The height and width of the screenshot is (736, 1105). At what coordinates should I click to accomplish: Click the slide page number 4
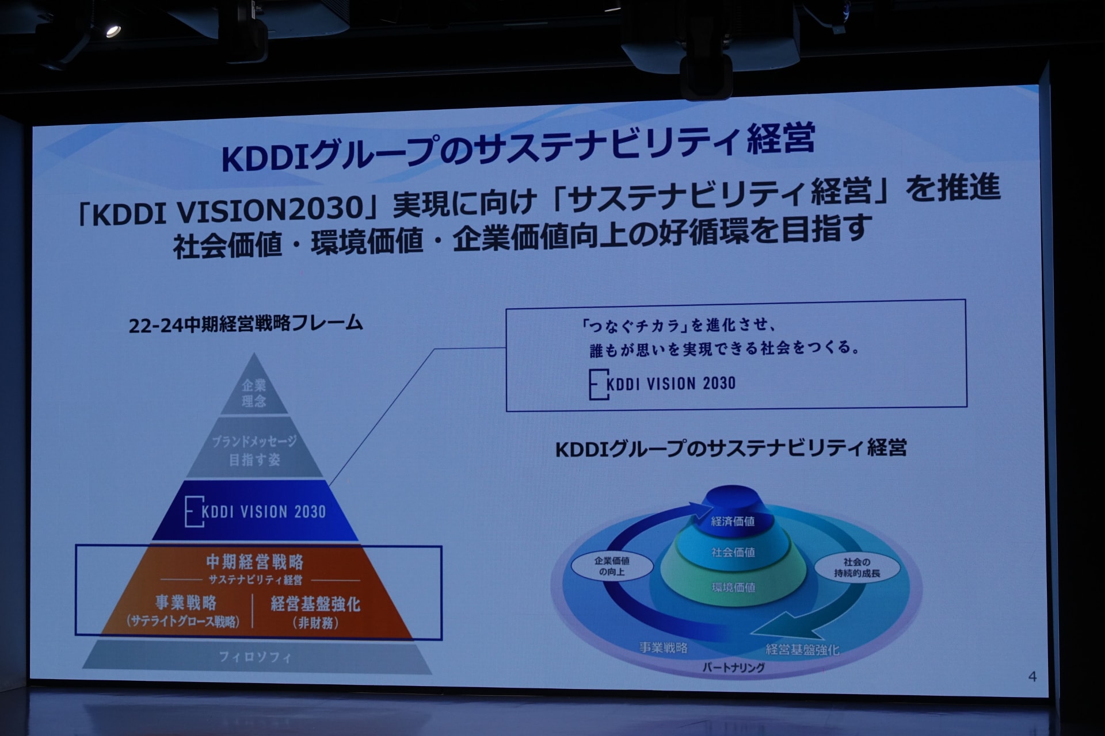pyautogui.click(x=1032, y=677)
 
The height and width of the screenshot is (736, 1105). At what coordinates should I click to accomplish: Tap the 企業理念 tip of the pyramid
pyautogui.click(x=254, y=388)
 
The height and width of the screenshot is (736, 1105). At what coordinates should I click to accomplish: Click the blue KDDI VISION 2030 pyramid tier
pyautogui.click(x=256, y=511)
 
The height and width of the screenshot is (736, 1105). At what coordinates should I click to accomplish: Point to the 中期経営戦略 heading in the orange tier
pyautogui.click(x=255, y=561)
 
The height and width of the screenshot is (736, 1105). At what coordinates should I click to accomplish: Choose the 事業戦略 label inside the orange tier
pyautogui.click(x=186, y=603)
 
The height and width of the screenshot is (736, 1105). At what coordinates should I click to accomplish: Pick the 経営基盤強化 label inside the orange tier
pyautogui.click(x=315, y=604)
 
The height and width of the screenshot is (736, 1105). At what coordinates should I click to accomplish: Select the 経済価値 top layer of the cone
pyautogui.click(x=733, y=512)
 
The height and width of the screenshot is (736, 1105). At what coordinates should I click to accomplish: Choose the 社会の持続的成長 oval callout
pyautogui.click(x=857, y=567)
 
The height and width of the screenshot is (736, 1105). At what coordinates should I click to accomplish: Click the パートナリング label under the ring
pyautogui.click(x=733, y=668)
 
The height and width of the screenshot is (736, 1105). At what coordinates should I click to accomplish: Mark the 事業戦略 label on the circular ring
pyautogui.click(x=664, y=648)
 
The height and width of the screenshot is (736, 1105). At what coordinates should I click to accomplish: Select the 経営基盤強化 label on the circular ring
pyautogui.click(x=802, y=650)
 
